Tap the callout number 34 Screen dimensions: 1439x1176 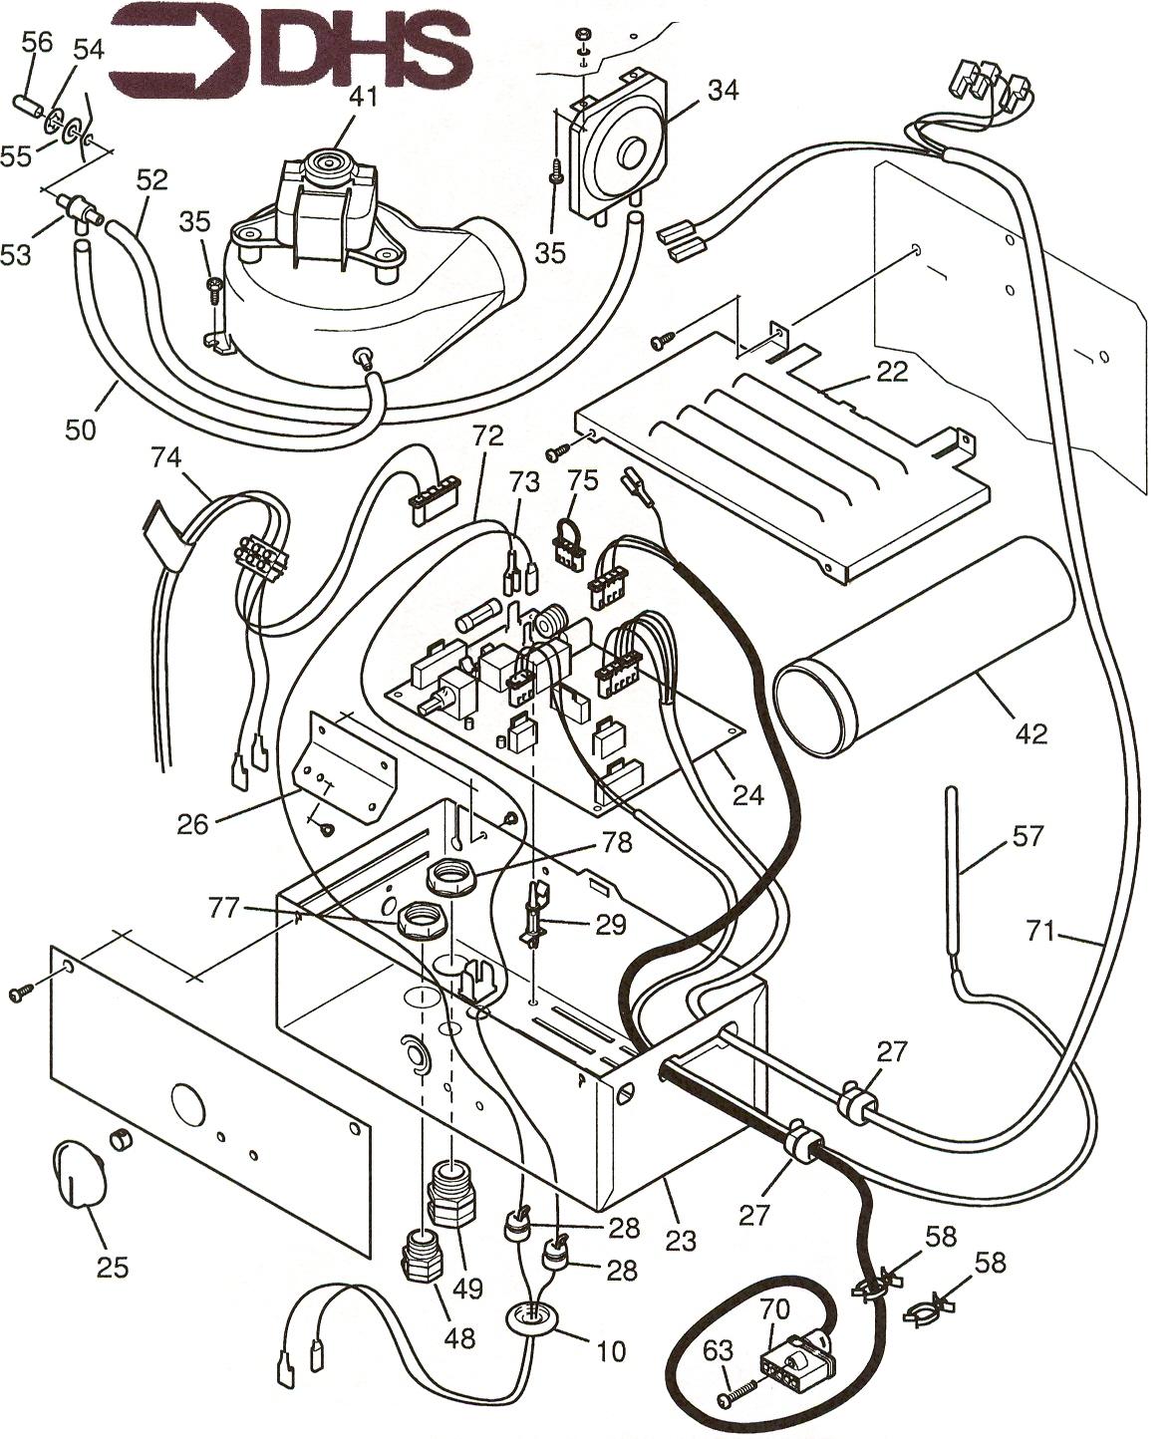(x=723, y=90)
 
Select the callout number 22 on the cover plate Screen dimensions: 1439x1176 (x=892, y=372)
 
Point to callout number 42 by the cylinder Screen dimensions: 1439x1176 (x=1031, y=733)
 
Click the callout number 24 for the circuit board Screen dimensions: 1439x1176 (x=747, y=794)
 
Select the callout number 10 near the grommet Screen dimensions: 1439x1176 (x=610, y=1350)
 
